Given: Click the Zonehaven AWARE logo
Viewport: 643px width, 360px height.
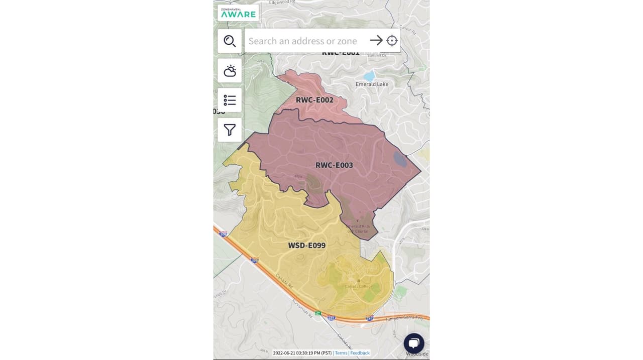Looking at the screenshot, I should tap(238, 13).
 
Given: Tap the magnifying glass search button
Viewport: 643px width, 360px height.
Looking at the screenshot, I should tap(230, 41).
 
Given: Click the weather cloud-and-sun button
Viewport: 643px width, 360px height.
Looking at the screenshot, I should tap(230, 71).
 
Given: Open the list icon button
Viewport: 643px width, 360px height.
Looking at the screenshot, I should tap(230, 100).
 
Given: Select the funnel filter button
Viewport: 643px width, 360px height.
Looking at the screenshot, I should tap(230, 130).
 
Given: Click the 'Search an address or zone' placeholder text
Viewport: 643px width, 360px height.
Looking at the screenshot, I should tap(302, 41).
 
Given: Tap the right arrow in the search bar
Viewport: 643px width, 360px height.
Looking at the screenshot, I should tap(376, 41).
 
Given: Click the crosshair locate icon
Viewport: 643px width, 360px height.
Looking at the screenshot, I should tap(392, 41).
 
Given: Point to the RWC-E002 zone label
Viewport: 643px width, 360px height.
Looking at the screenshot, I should tap(314, 100).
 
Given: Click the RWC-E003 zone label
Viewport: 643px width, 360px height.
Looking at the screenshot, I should tap(334, 165).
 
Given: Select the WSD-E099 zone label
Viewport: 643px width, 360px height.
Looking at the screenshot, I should tap(306, 246).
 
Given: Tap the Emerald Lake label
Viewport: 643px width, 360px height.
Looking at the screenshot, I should tap(372, 84).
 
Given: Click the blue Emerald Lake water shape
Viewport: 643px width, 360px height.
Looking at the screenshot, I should tap(369, 76).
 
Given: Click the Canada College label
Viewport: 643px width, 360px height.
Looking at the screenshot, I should tap(358, 286).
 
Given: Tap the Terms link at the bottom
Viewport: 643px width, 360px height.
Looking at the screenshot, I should tap(341, 353).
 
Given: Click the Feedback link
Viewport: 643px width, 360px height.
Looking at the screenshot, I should tap(360, 353).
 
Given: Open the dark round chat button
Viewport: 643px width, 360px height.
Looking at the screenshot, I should tap(414, 343).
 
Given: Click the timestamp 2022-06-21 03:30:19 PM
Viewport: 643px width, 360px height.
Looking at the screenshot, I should tap(302, 353).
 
